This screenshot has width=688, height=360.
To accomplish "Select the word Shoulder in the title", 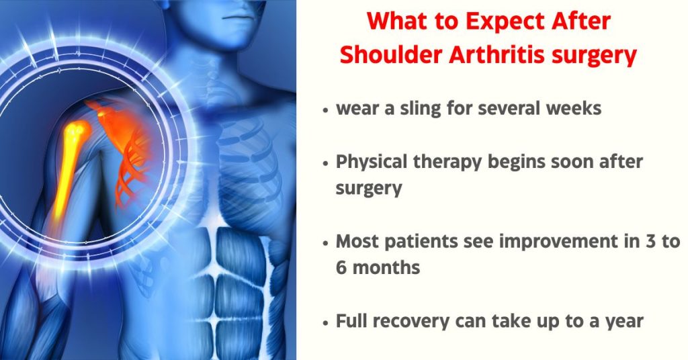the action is pos(391,55).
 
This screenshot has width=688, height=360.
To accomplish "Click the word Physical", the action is pos(372,163).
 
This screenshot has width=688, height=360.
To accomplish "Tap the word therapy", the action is pos(447,163).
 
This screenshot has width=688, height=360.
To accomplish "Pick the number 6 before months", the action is pos(341,267).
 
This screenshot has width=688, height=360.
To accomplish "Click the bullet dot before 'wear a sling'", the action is pos(325,110).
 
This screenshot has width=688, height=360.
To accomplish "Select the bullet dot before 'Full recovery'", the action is pos(325,323).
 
